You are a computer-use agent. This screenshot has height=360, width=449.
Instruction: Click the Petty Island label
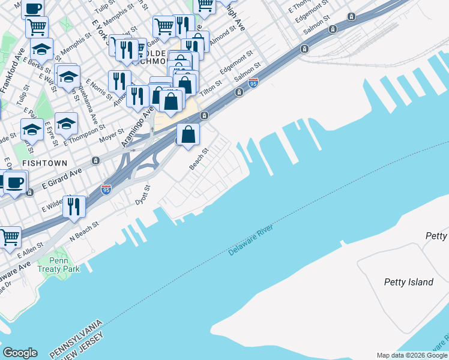[408, 282]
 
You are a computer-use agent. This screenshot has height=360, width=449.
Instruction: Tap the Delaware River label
[250, 241]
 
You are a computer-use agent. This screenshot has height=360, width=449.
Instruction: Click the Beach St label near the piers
[199, 160]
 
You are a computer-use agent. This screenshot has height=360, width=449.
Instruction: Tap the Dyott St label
[142, 196]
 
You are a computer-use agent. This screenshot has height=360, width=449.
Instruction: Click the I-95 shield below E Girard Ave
[106, 190]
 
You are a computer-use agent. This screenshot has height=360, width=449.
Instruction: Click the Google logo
[20, 353]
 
